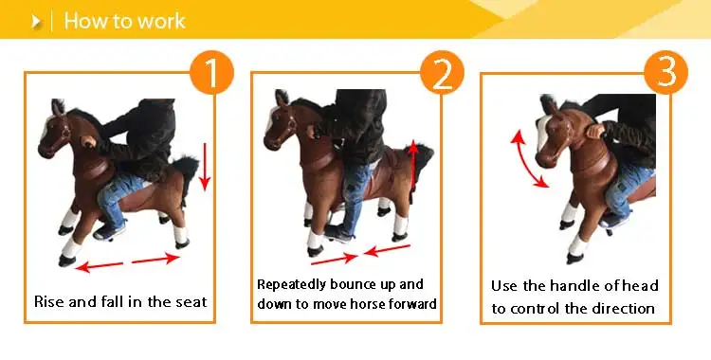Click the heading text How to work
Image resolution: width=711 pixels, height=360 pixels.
pyautogui.click(x=124, y=21)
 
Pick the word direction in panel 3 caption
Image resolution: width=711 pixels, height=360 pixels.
pyautogui.click(x=622, y=308)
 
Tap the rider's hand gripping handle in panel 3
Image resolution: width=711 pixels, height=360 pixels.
pyautogui.click(x=595, y=133)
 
